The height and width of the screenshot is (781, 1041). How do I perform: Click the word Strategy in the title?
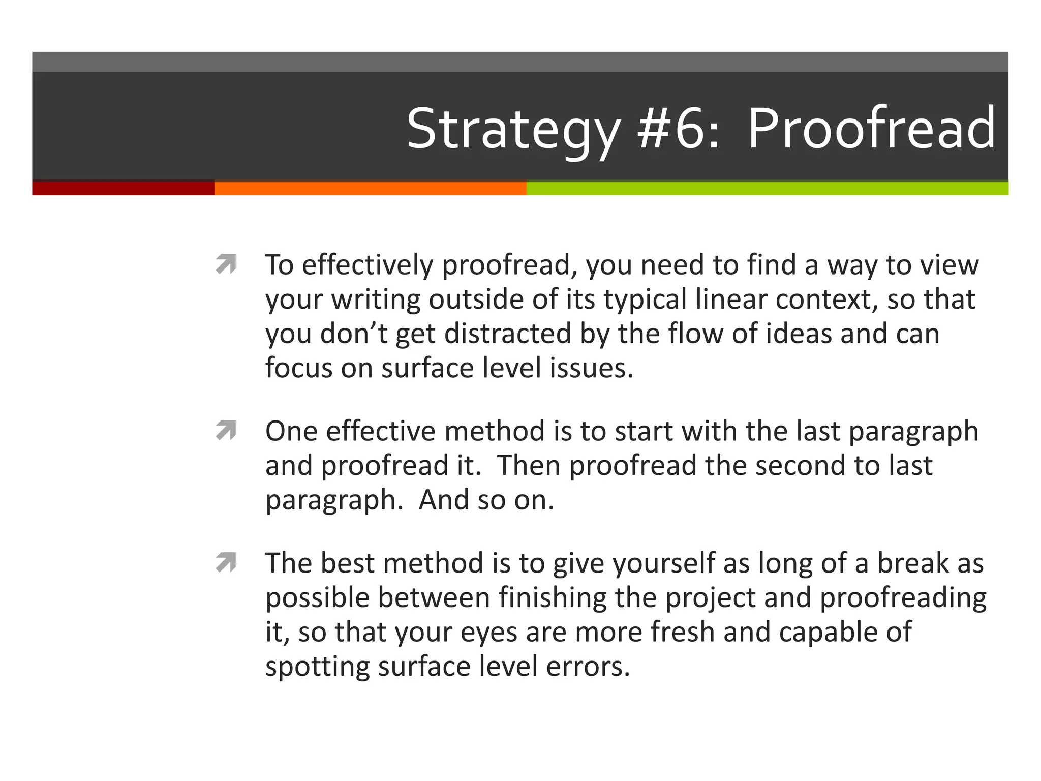point(513,130)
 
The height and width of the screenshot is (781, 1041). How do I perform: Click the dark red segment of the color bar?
point(123,188)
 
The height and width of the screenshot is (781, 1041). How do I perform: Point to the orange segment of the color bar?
point(370,189)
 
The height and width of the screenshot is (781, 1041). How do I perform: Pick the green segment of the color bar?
point(768,189)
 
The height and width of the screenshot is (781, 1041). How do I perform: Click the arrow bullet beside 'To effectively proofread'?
point(226,264)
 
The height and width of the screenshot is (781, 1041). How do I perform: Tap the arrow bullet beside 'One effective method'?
point(226,430)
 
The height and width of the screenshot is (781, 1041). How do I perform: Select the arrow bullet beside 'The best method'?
point(226,562)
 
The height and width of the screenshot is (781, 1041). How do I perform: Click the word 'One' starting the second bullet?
point(291,431)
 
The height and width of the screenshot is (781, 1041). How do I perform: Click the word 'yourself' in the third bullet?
point(663,563)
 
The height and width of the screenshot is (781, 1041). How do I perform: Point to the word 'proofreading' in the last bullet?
point(903,598)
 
